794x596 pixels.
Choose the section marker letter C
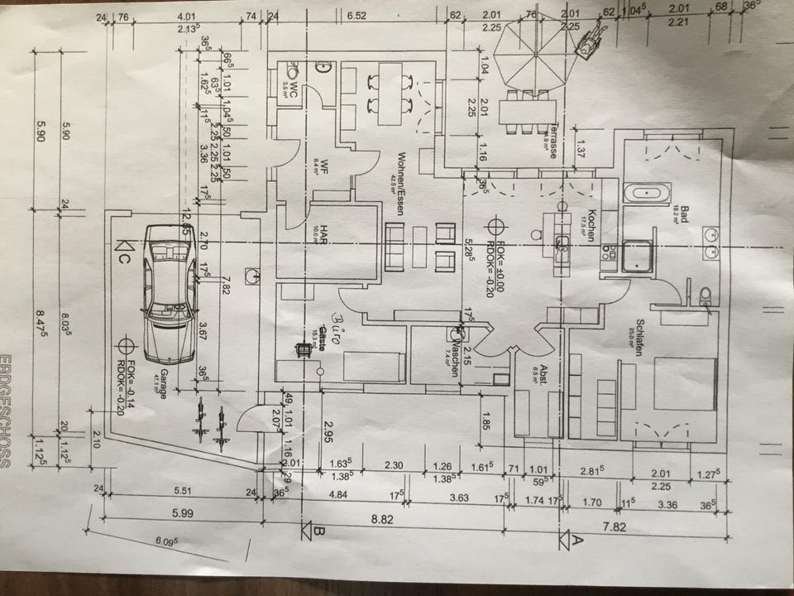click(x=123, y=252)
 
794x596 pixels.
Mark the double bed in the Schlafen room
click(x=684, y=383)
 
